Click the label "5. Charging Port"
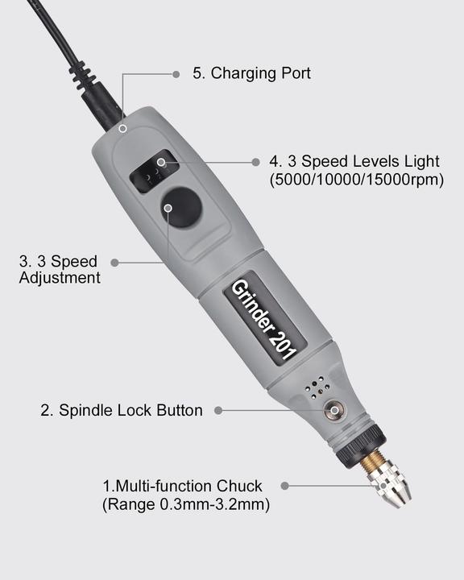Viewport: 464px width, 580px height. [251, 73]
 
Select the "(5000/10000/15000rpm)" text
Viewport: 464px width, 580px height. [356, 180]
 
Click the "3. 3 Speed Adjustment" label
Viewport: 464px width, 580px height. [60, 269]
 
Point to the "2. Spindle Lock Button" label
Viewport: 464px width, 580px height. [122, 410]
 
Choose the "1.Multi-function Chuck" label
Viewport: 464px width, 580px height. [182, 487]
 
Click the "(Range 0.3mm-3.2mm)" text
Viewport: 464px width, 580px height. [185, 505]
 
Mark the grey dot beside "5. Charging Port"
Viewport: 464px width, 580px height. [176, 74]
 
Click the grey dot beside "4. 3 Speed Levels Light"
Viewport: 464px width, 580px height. [256, 161]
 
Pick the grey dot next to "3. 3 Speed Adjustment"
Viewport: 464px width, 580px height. [114, 262]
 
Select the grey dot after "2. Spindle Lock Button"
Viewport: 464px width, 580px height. [218, 410]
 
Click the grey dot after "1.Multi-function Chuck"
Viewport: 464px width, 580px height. [286, 487]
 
